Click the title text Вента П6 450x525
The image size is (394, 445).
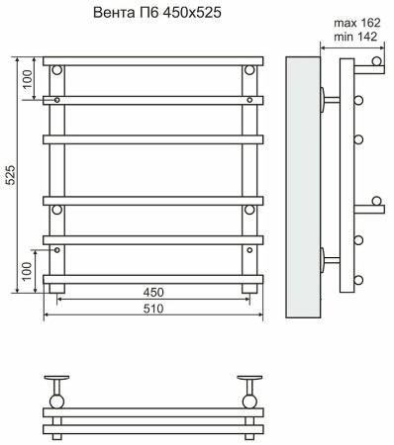(157, 13)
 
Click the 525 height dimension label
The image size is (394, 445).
(11, 175)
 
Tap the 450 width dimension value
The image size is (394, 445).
(153, 292)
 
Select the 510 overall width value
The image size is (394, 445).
(153, 309)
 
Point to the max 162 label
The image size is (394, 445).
(357, 23)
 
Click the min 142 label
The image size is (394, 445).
(355, 37)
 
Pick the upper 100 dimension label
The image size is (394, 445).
(28, 79)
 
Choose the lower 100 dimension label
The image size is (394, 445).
(27, 271)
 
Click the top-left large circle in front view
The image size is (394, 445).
(56, 70)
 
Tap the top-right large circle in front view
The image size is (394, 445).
(249, 70)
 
